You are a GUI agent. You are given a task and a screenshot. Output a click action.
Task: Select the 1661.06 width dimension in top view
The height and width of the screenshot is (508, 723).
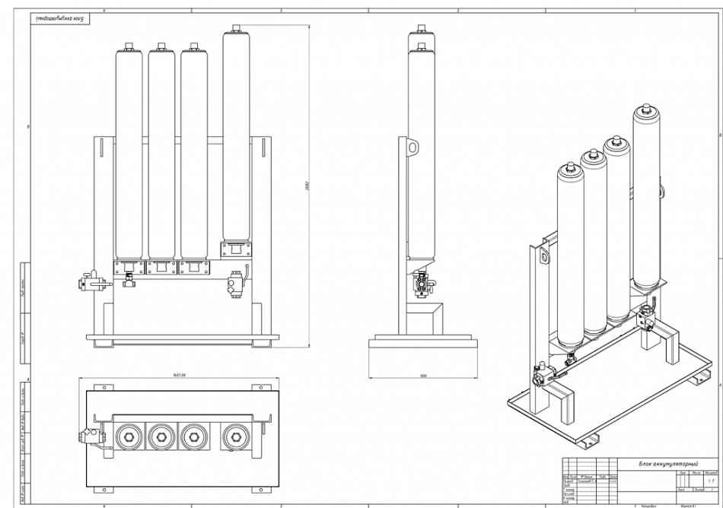180,375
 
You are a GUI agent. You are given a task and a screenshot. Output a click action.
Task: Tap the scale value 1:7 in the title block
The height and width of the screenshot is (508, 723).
711,481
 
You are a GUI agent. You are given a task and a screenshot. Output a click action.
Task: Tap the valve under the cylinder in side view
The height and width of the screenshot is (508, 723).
421,285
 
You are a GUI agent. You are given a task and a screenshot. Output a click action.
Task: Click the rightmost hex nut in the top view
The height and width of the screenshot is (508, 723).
234,436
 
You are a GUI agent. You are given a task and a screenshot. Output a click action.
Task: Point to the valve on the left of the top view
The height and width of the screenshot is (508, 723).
86,437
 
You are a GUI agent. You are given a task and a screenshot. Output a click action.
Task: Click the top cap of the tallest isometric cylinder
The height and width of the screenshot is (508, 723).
645,113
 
